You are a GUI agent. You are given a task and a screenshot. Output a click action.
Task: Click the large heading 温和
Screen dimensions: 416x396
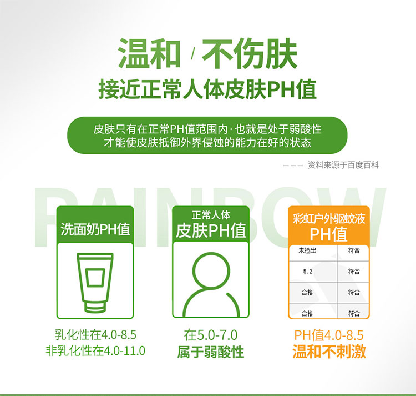149,53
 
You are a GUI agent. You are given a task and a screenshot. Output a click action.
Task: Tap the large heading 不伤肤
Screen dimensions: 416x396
250,53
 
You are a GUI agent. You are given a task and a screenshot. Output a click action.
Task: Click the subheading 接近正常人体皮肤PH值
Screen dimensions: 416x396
207,89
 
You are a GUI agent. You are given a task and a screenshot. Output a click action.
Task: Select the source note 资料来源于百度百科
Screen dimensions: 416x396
343,165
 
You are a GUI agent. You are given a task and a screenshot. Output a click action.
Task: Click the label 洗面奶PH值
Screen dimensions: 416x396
95,229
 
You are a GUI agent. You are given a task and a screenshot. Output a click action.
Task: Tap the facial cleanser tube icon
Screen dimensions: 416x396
95,283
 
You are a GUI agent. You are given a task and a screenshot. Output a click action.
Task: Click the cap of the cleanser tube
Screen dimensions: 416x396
95,307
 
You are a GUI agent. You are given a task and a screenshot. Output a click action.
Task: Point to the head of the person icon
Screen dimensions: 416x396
211,271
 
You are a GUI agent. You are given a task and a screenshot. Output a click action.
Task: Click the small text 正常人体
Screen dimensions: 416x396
211,215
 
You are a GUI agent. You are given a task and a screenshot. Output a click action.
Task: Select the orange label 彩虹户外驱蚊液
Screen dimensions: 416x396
329,219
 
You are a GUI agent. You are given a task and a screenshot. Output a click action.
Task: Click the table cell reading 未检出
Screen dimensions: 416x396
307,250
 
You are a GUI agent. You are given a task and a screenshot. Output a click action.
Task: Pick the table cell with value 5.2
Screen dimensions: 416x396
307,272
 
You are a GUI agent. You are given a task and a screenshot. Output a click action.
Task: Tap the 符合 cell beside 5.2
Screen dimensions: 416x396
354,272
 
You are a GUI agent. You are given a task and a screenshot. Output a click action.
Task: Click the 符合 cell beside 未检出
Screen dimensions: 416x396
354,250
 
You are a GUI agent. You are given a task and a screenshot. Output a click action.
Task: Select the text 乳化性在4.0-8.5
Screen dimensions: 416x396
95,334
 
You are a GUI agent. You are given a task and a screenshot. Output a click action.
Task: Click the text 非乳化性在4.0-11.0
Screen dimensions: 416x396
95,350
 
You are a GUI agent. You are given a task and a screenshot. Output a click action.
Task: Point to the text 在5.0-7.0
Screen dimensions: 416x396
211,335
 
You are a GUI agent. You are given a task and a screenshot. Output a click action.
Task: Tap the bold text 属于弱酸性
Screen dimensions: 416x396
211,352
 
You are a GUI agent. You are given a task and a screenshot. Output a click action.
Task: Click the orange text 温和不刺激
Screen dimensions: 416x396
329,352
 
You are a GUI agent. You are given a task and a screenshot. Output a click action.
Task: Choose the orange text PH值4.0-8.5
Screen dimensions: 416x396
329,335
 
